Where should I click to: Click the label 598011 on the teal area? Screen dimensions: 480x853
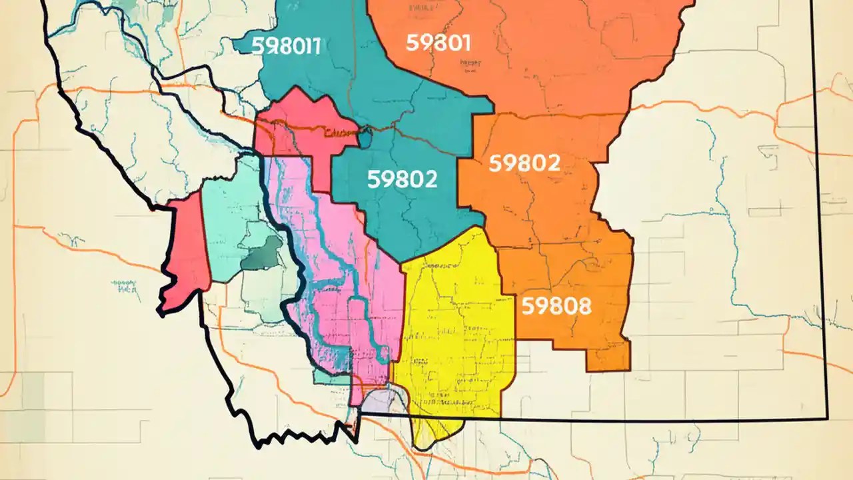tap(286, 46)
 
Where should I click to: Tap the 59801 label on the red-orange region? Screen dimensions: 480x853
tap(438, 43)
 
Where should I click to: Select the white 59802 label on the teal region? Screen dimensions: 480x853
tap(402, 179)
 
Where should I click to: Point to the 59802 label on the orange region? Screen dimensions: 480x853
tap(524, 163)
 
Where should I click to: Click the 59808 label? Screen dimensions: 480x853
tap(556, 306)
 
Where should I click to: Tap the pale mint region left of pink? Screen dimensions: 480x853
tap(230, 213)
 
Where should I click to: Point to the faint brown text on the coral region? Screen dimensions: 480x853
tap(340, 132)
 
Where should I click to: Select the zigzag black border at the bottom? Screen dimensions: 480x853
tap(300, 437)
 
